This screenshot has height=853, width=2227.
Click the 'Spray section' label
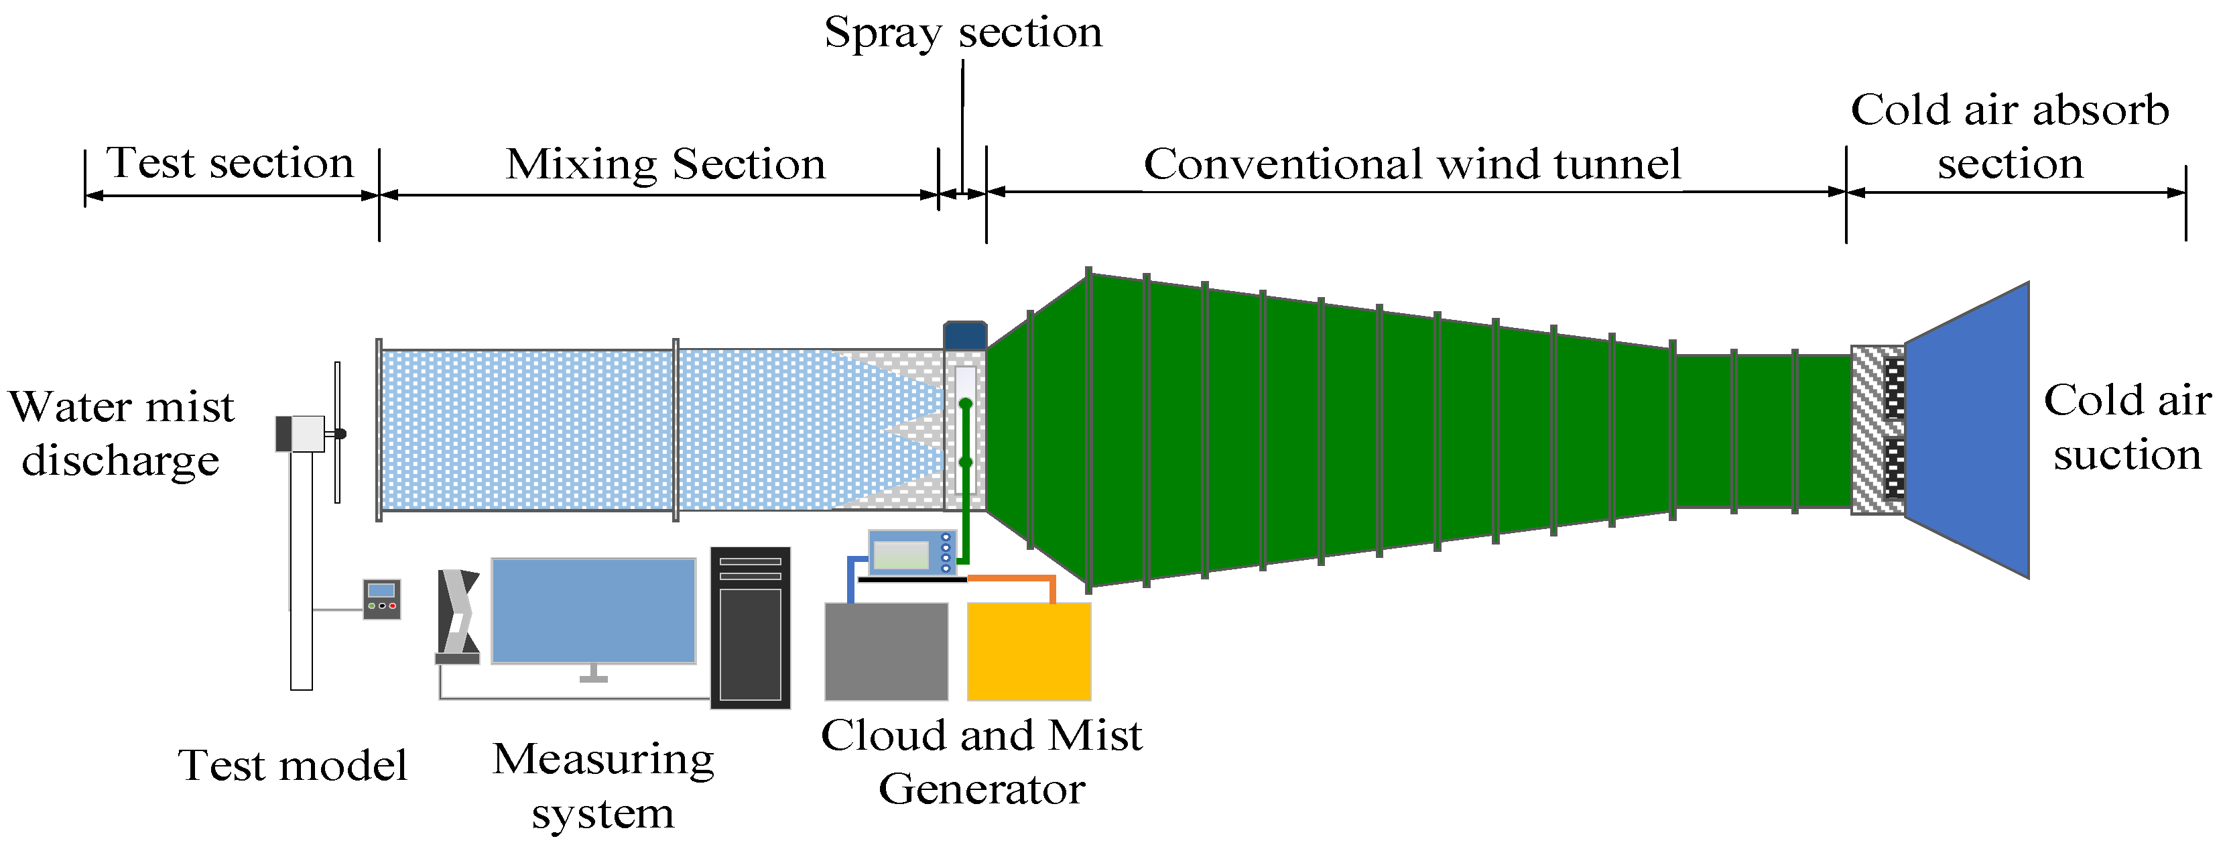point(962,33)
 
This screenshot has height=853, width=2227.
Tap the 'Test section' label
point(229,163)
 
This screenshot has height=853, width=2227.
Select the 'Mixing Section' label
point(665,164)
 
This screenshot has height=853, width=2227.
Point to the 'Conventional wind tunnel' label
point(1412,164)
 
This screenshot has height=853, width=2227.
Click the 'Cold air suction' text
point(2126,427)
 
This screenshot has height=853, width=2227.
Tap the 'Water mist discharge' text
point(121,433)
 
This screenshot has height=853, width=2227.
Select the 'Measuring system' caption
point(602,785)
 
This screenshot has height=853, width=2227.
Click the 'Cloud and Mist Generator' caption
point(981,761)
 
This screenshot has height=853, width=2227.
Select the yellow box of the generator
point(1028,651)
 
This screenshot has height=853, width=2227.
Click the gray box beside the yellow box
point(886,651)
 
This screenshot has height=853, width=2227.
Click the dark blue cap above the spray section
point(965,335)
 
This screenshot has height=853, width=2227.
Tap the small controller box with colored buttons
point(381,599)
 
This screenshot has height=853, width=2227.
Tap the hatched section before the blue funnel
point(1867,430)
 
